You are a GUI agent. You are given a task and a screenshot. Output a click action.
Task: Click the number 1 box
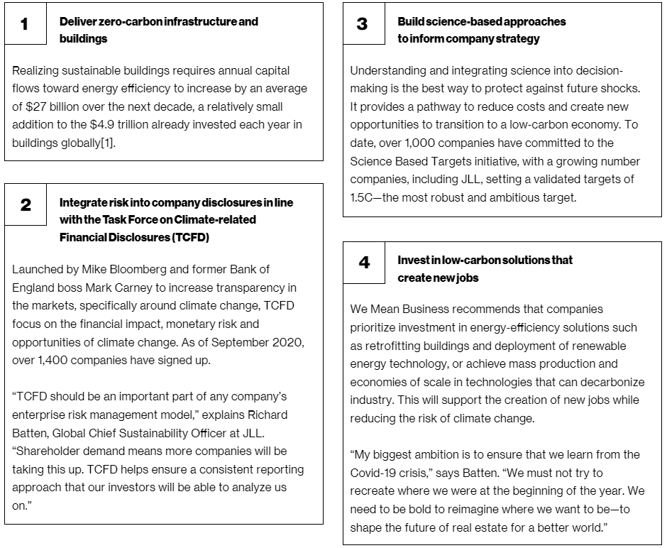tap(26, 25)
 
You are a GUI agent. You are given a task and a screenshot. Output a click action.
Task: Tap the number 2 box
tap(26, 206)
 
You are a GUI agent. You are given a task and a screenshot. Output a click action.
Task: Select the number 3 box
tap(363, 25)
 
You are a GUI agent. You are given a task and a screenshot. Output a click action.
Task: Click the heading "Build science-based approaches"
tap(482, 21)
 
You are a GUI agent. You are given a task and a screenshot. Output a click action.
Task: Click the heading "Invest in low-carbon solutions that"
tap(485, 260)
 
